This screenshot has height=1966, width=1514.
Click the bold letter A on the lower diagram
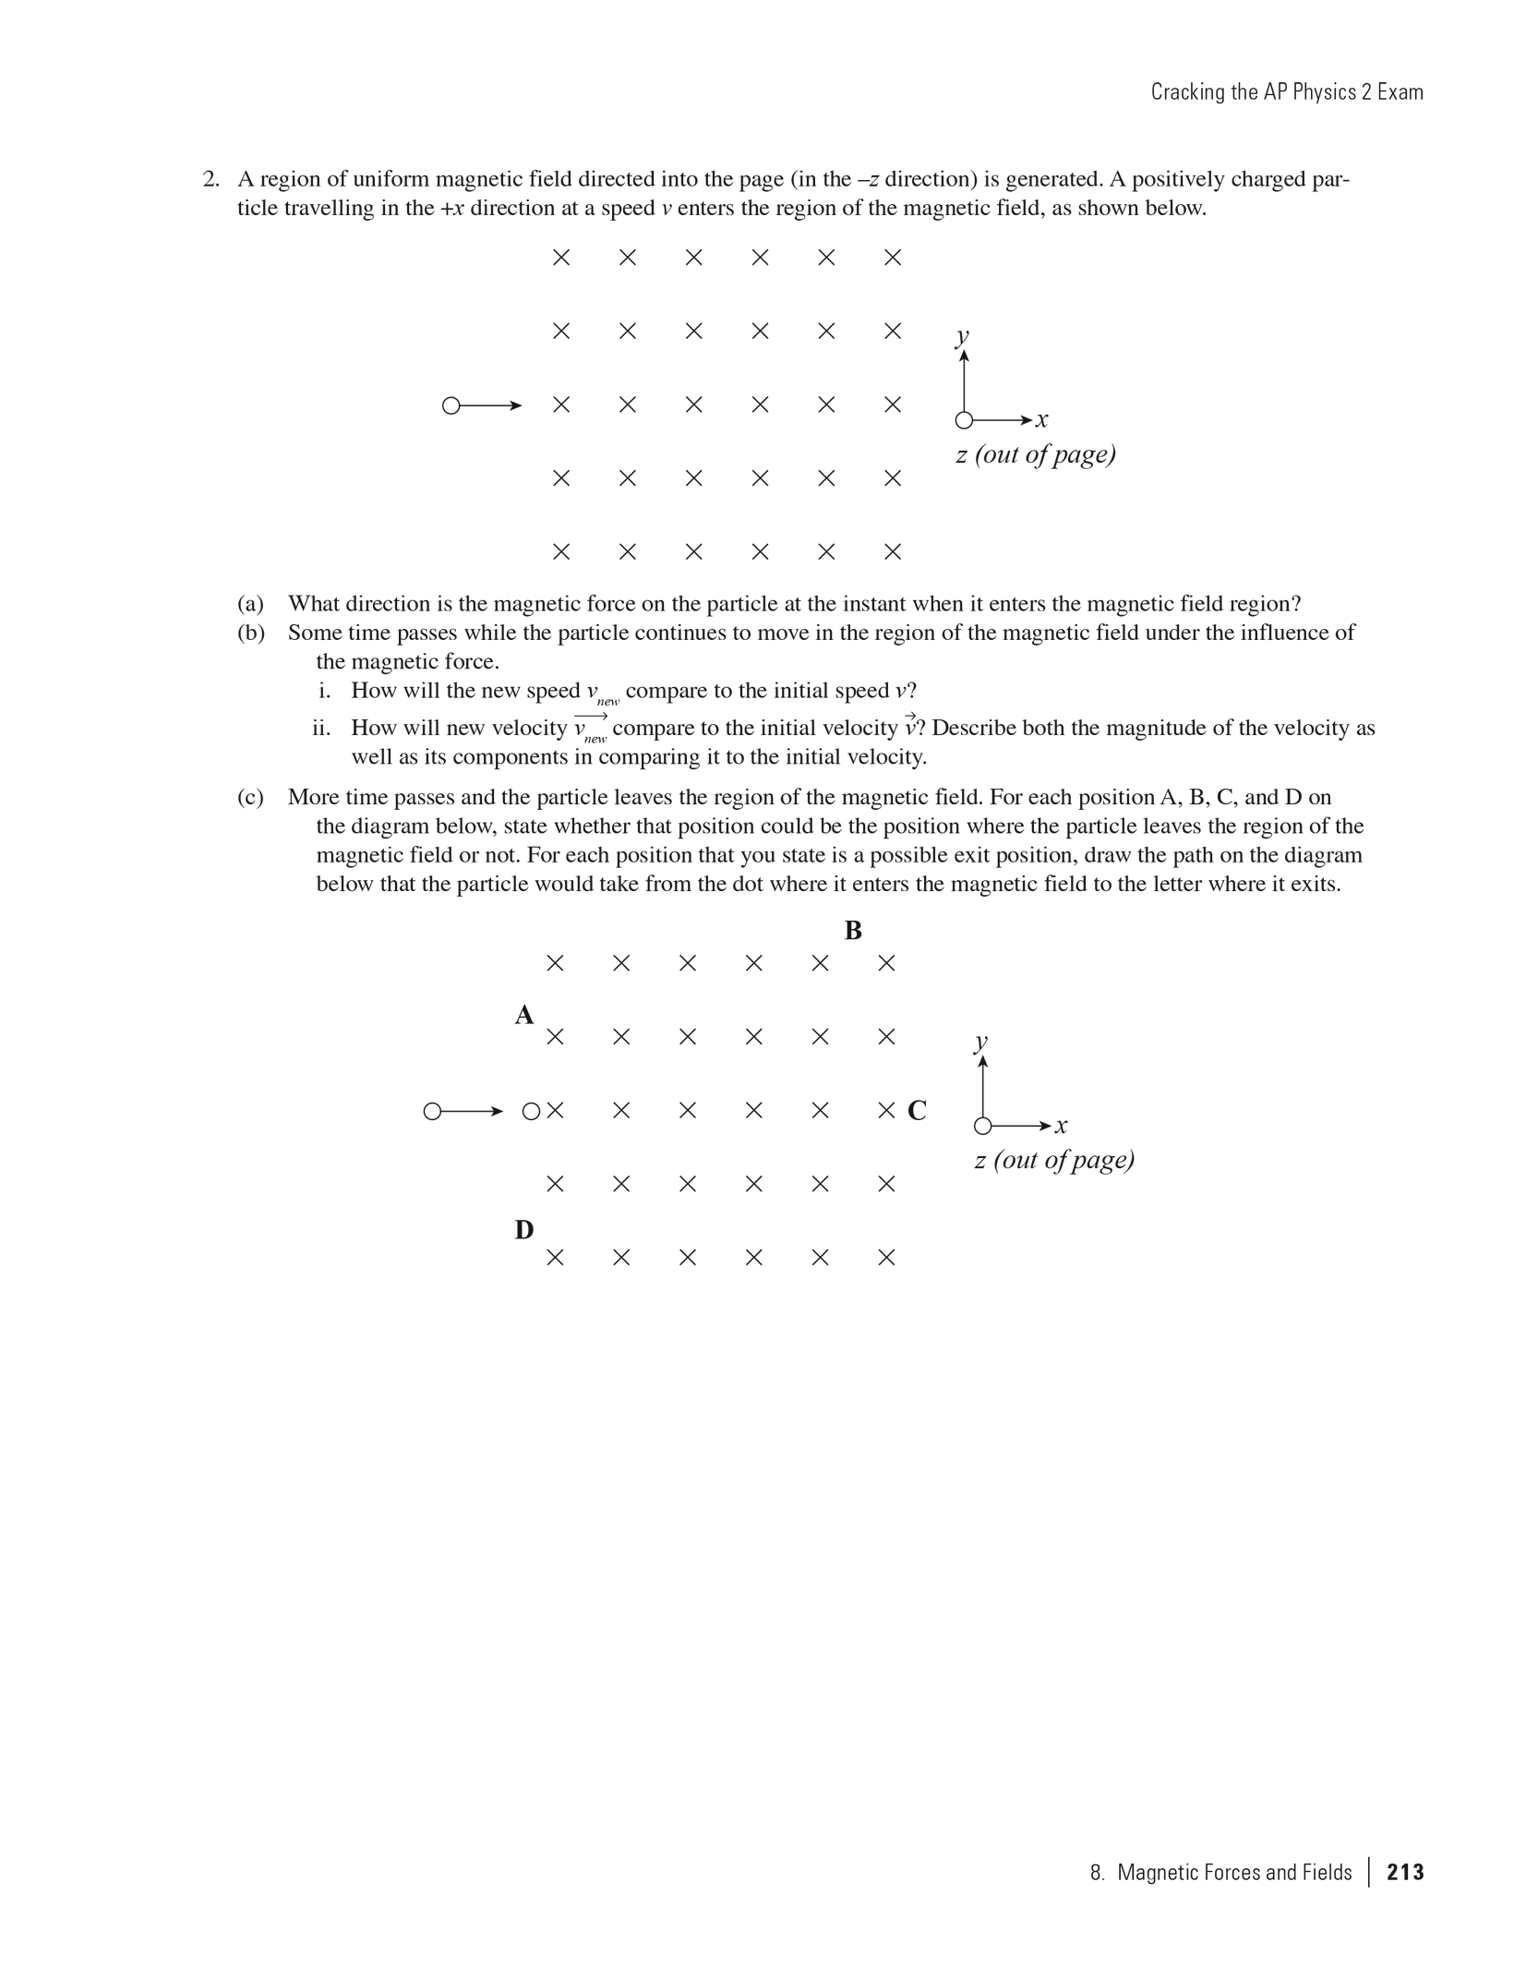click(524, 1015)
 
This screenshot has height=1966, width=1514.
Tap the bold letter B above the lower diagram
click(853, 931)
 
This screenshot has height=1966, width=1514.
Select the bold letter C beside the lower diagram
click(917, 1110)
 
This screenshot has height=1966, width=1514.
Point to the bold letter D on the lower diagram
click(524, 1230)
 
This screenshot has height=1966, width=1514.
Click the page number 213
click(1405, 1872)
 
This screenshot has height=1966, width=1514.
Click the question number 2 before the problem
click(210, 179)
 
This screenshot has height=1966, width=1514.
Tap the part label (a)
click(250, 604)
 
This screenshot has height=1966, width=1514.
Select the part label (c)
click(250, 797)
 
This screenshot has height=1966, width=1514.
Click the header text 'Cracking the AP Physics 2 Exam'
click(1287, 91)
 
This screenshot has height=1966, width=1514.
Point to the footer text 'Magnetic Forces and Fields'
click(1234, 1872)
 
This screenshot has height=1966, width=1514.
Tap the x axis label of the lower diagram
click(1062, 1125)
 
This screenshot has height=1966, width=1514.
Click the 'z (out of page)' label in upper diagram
click(1036, 454)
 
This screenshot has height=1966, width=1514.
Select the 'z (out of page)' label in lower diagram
click(1054, 1160)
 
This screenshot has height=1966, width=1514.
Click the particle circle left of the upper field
click(451, 405)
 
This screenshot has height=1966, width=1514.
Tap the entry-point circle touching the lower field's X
click(531, 1112)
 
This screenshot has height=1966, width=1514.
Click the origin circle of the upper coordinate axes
click(964, 421)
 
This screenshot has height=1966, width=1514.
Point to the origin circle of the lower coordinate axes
click(983, 1126)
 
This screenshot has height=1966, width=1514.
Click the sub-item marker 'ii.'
click(321, 729)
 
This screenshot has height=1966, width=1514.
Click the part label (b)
click(250, 633)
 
